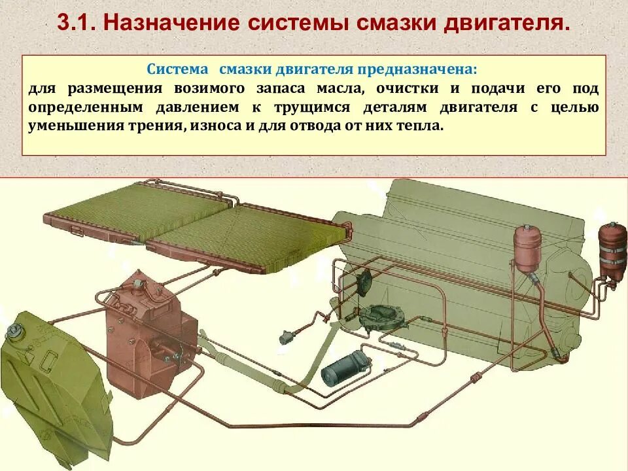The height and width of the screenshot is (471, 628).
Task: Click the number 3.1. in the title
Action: (x=77, y=24)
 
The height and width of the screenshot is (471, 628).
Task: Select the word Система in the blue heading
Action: (x=178, y=69)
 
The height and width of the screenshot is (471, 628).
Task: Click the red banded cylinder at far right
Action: (x=613, y=252)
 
